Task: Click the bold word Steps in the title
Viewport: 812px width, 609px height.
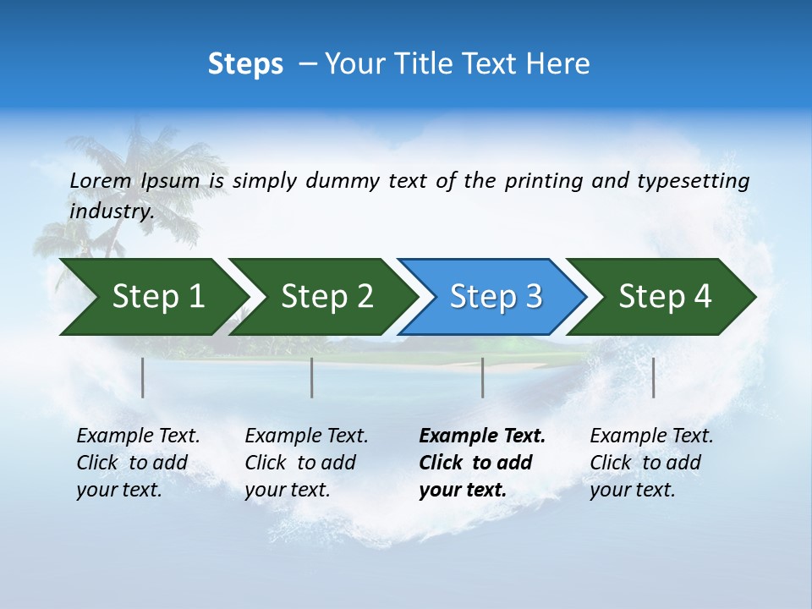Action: click(245, 64)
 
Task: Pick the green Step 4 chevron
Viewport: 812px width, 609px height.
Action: click(665, 297)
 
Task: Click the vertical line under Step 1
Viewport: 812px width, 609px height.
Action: click(143, 377)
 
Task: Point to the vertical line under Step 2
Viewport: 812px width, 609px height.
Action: click(312, 377)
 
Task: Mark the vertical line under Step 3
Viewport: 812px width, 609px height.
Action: click(482, 377)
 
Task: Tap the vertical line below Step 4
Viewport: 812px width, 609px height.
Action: click(653, 377)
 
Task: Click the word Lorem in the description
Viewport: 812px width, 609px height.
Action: click(101, 181)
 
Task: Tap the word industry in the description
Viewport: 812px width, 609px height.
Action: click(112, 211)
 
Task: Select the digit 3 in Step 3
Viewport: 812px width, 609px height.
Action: click(533, 297)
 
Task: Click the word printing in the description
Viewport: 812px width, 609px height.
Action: click(543, 181)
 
